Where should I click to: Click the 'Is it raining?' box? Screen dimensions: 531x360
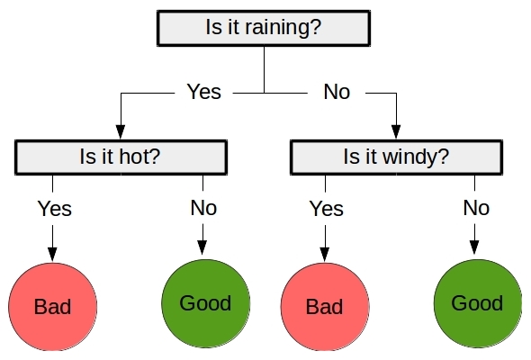click(264, 28)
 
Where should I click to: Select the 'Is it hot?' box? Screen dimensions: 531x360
click(121, 157)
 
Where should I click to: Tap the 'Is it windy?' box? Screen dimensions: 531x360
click(396, 157)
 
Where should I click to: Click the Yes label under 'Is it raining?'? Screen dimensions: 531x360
click(204, 92)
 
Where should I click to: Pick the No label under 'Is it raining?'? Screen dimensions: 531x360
click(337, 92)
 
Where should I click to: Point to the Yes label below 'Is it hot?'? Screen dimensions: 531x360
click(55, 208)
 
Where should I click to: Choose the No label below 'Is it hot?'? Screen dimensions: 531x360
click(203, 208)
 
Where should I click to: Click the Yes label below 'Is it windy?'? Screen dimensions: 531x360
click(327, 208)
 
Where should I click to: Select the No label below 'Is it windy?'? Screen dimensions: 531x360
click(476, 208)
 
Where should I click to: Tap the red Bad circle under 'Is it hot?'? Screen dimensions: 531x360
click(53, 307)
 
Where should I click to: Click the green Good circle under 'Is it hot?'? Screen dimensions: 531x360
click(205, 303)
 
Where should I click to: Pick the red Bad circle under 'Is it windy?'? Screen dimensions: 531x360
click(325, 307)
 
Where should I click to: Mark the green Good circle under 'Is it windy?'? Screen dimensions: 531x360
click(478, 303)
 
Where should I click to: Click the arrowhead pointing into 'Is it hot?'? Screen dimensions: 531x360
click(121, 132)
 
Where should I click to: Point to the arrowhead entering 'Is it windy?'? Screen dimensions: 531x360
click(396, 132)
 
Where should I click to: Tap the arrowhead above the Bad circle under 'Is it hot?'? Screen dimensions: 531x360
click(52, 255)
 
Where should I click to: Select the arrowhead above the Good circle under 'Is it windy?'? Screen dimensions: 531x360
click(474, 247)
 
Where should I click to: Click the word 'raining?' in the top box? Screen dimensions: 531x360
click(283, 28)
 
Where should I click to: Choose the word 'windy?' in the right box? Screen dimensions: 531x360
click(416, 157)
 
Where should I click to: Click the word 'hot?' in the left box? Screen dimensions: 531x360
click(139, 157)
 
